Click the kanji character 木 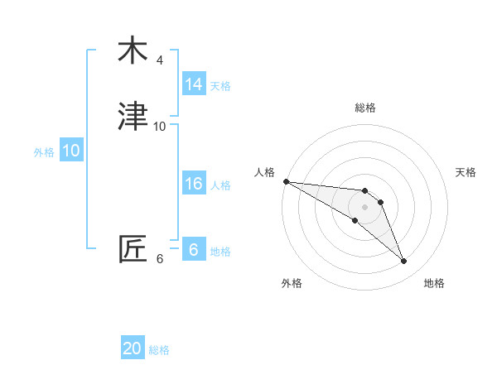click(133, 51)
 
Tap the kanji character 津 click(133, 118)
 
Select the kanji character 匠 click(133, 249)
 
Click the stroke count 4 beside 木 click(160, 60)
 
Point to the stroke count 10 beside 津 click(160, 127)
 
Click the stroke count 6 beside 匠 click(160, 258)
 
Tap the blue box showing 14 click(194, 84)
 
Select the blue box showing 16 click(194, 184)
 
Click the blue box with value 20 click(133, 348)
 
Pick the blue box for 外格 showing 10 click(71, 151)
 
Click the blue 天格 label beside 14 click(220, 86)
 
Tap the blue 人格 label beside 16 click(220, 185)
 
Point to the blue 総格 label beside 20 click(159, 350)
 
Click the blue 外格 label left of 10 click(44, 152)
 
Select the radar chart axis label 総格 click(365, 108)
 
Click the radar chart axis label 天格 click(466, 172)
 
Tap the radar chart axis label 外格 click(292, 283)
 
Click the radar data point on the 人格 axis click(286, 181)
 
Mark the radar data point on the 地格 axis click(404, 262)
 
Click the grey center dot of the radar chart click(364, 207)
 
